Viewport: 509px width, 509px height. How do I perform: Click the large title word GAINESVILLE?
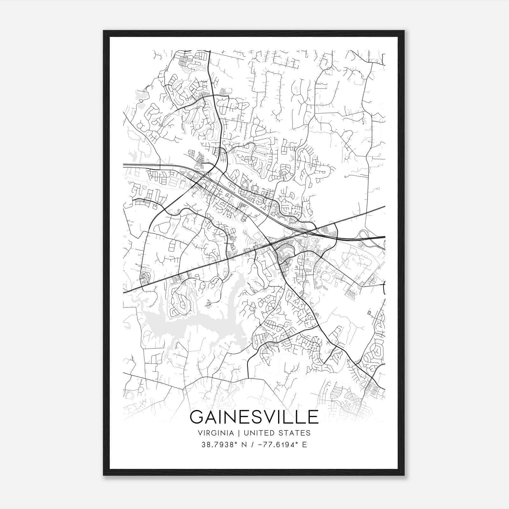tap(254, 417)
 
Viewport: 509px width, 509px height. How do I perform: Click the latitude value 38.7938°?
tap(220, 444)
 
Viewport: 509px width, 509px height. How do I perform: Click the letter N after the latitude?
tap(245, 444)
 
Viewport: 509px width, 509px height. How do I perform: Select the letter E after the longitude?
tap(304, 444)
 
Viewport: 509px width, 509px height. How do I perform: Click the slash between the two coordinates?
tap(253, 444)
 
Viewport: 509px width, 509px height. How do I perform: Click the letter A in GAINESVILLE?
tap(213, 417)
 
